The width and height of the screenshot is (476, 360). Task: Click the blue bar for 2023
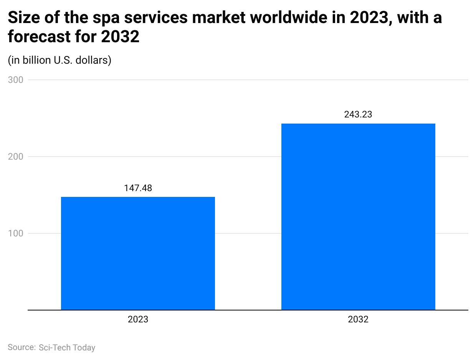tap(138, 253)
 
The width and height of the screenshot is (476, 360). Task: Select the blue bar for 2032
tap(358, 216)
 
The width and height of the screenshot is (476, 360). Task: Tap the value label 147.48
tap(138, 188)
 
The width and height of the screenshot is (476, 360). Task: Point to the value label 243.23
tap(358, 114)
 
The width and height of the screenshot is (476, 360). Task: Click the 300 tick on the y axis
tap(16, 80)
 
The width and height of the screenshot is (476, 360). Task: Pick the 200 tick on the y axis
tap(16, 157)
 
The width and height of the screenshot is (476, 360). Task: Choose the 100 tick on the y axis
tap(16, 233)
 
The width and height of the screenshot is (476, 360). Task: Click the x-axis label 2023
tap(138, 319)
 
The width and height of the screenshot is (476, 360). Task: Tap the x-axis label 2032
tap(358, 319)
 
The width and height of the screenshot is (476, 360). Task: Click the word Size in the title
tap(22, 18)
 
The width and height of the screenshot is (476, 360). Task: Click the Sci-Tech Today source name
tap(67, 347)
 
